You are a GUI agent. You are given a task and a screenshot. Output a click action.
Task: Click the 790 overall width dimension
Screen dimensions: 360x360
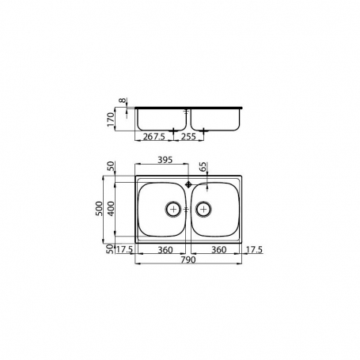tap(188, 260)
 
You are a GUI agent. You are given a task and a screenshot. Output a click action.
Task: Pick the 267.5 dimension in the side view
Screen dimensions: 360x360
tap(154, 135)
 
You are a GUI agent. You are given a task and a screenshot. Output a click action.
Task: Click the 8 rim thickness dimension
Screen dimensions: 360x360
tap(123, 101)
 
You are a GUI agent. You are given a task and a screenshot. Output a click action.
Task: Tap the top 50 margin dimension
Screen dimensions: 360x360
tap(112, 169)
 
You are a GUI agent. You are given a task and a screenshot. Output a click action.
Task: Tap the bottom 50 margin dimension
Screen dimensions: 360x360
tap(112, 248)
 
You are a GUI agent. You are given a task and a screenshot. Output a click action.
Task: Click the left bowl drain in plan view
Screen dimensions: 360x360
tap(173, 209)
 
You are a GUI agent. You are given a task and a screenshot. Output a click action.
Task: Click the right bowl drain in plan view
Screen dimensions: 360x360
tap(203, 209)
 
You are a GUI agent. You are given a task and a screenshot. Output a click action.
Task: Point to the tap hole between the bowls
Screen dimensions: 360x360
tap(188, 182)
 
